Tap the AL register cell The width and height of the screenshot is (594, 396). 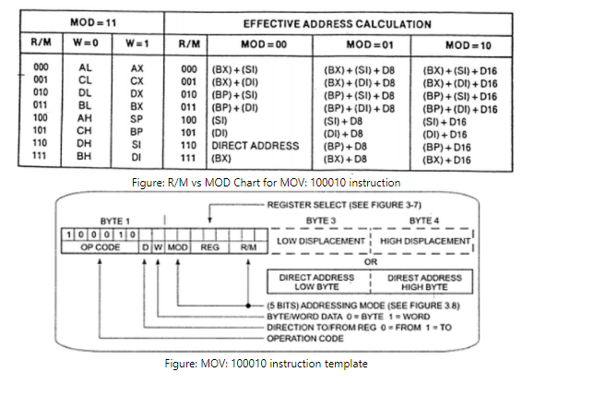pos(86,68)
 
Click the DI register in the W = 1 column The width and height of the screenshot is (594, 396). pos(137,157)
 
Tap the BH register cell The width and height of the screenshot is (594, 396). pos(86,157)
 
